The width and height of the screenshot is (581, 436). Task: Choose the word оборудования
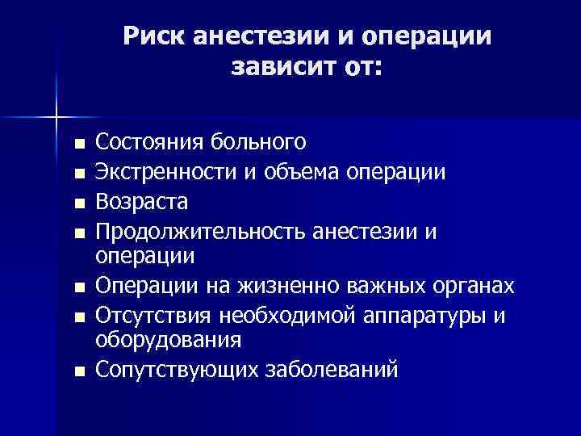[168, 339]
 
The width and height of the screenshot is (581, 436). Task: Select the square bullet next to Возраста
[77, 202]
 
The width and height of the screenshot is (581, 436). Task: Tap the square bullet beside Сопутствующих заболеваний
[77, 372]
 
